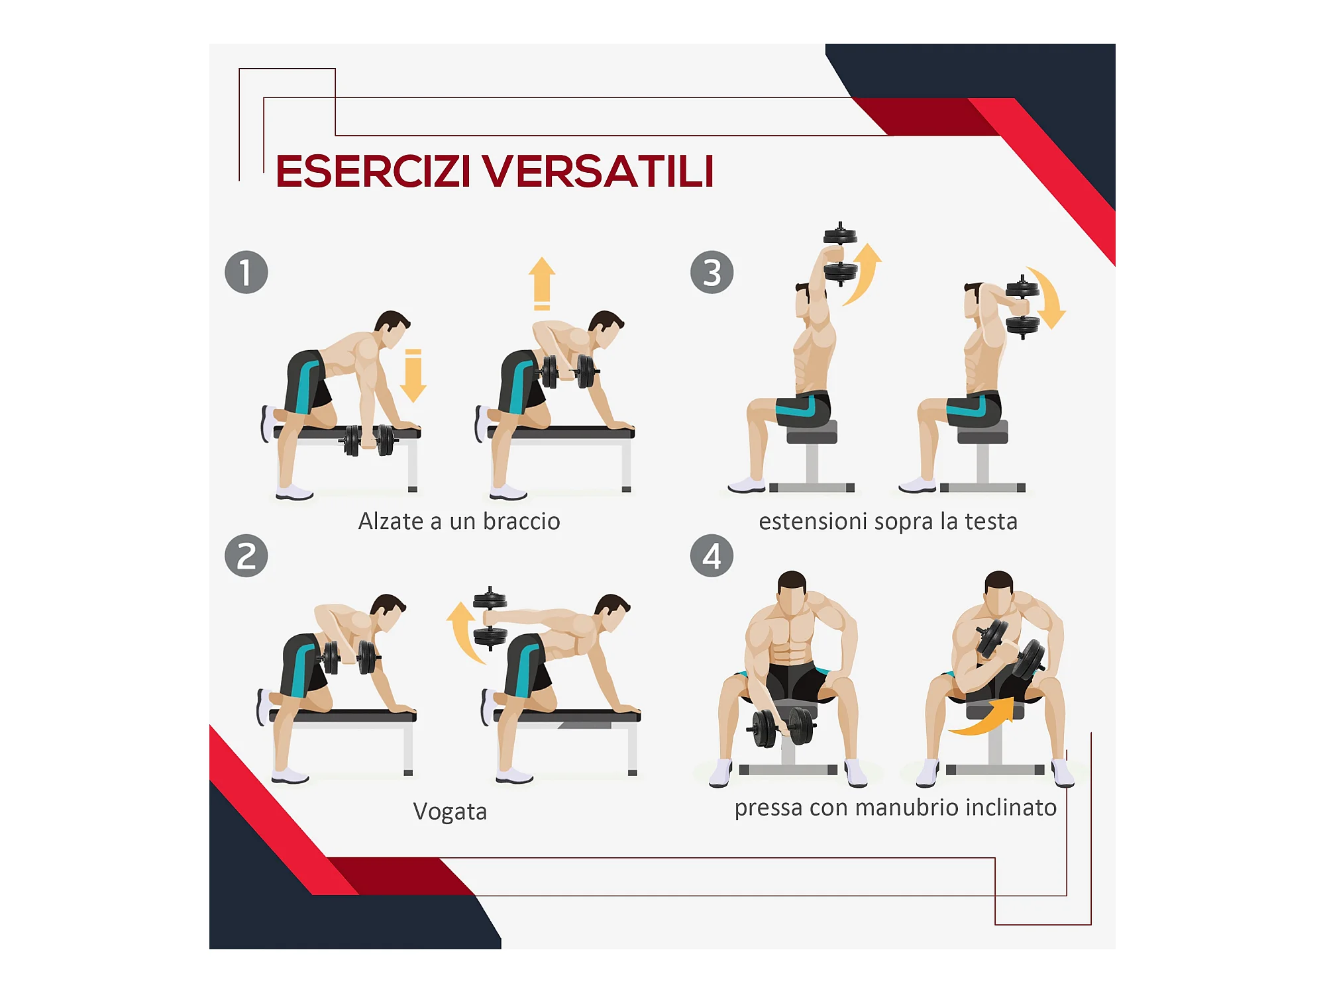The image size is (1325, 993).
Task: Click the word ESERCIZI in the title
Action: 373,171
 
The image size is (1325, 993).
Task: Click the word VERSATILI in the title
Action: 598,171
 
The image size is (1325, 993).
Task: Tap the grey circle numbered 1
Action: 246,272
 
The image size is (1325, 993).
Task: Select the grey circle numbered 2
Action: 246,555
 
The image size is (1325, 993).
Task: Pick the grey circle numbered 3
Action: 712,272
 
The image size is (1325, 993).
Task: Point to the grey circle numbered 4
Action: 712,555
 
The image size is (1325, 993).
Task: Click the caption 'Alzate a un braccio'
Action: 459,522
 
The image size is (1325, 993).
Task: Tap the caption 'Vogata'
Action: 450,812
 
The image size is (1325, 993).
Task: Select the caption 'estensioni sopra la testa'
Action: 888,522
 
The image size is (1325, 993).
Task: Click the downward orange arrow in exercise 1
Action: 413,376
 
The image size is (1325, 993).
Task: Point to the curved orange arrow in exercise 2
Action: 462,632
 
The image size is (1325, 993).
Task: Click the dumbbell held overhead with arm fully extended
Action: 841,254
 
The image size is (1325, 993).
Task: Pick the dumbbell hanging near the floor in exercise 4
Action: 782,727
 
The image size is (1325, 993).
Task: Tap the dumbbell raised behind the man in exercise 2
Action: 490,618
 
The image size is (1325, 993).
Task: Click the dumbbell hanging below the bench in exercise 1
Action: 369,440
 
